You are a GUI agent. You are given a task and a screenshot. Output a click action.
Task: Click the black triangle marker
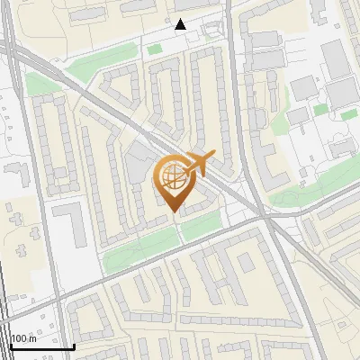tap(181, 24)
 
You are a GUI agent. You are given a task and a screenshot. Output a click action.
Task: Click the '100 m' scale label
tap(24, 338)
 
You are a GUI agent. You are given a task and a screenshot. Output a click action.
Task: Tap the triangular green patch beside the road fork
tap(37, 85)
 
